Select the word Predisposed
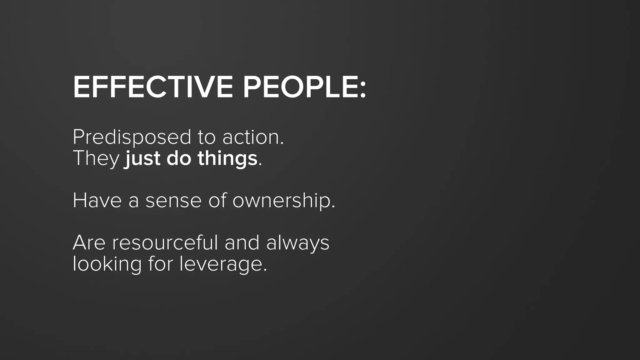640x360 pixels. pos(132,138)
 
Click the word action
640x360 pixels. pos(252,137)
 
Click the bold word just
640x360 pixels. pos(142,159)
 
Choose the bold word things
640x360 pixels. pos(227,159)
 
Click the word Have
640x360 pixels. pos(97,200)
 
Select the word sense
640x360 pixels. pos(173,201)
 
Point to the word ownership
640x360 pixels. pos(283,201)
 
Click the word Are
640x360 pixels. pos(89,243)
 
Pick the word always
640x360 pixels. pos(297,243)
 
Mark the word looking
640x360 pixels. pos(107,264)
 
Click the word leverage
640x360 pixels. pos(222,264)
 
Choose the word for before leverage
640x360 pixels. pos(160,264)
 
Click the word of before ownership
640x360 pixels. pos(217,200)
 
